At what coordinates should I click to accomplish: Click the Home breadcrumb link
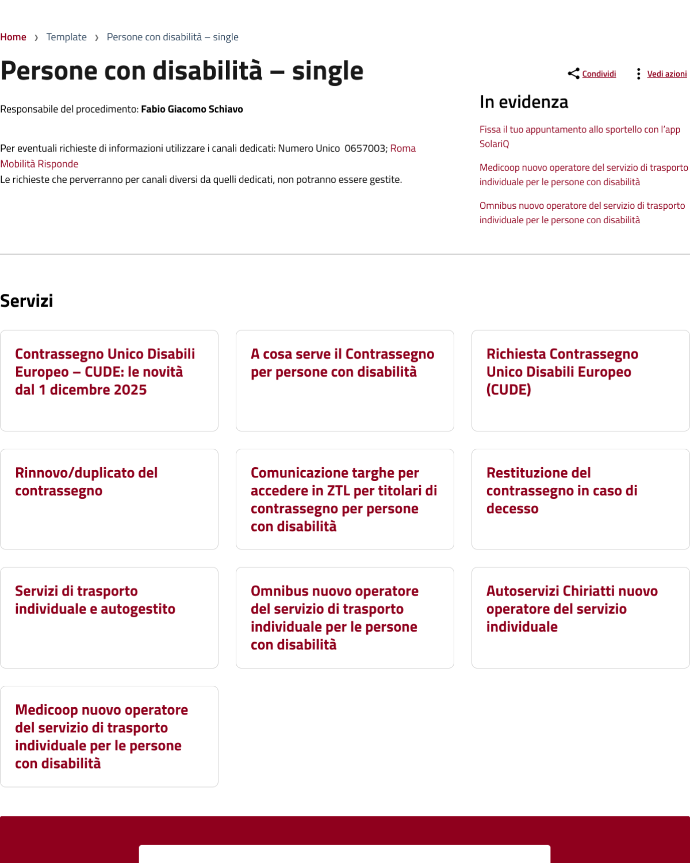pyautogui.click(x=13, y=37)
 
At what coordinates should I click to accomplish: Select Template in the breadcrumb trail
pyautogui.click(x=66, y=37)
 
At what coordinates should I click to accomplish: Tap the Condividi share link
pyautogui.click(x=599, y=74)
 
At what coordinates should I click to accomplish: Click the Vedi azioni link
pyautogui.click(x=666, y=74)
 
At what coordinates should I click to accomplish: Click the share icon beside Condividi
pyautogui.click(x=573, y=74)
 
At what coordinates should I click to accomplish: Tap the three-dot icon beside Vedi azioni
pyautogui.click(x=638, y=74)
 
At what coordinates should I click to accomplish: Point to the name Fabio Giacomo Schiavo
pyautogui.click(x=192, y=109)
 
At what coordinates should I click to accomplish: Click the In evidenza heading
pyautogui.click(x=524, y=102)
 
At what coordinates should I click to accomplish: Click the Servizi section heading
pyautogui.click(x=26, y=301)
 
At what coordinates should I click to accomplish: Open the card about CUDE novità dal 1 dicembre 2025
pyautogui.click(x=105, y=372)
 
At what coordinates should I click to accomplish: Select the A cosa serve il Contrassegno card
pyautogui.click(x=342, y=363)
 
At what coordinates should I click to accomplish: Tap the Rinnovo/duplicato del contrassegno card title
pyautogui.click(x=86, y=482)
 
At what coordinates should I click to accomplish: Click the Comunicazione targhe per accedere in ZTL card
pyautogui.click(x=344, y=499)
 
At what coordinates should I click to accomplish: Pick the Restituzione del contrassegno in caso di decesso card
pyautogui.click(x=562, y=490)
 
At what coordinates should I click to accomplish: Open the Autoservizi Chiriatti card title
pyautogui.click(x=572, y=609)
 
